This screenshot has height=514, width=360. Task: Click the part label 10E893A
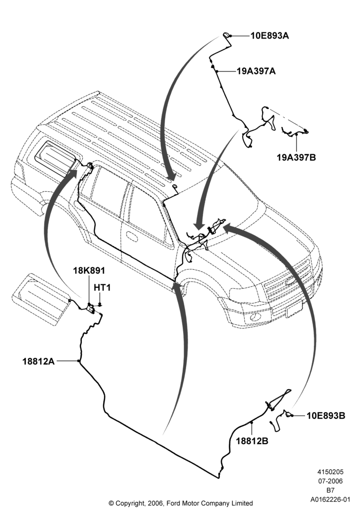click(x=269, y=35)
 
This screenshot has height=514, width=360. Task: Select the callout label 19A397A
click(x=256, y=71)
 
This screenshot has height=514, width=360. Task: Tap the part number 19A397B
click(x=296, y=157)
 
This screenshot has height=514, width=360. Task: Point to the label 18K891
click(x=89, y=270)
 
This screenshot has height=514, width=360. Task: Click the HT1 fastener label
click(x=102, y=287)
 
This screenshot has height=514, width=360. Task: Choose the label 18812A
click(x=39, y=361)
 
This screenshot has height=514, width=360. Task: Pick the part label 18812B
click(x=252, y=441)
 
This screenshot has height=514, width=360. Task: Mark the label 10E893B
click(x=326, y=416)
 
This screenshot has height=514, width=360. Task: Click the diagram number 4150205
click(x=330, y=472)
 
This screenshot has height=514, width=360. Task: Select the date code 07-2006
click(x=330, y=481)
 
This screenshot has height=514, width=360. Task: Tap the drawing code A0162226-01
click(x=331, y=500)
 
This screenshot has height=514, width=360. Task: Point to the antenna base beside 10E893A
click(x=227, y=35)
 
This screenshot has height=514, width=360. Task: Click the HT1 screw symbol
click(x=100, y=304)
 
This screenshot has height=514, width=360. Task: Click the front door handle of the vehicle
click(x=132, y=236)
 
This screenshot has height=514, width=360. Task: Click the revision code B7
click(x=330, y=490)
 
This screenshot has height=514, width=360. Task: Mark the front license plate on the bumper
click(x=294, y=309)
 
